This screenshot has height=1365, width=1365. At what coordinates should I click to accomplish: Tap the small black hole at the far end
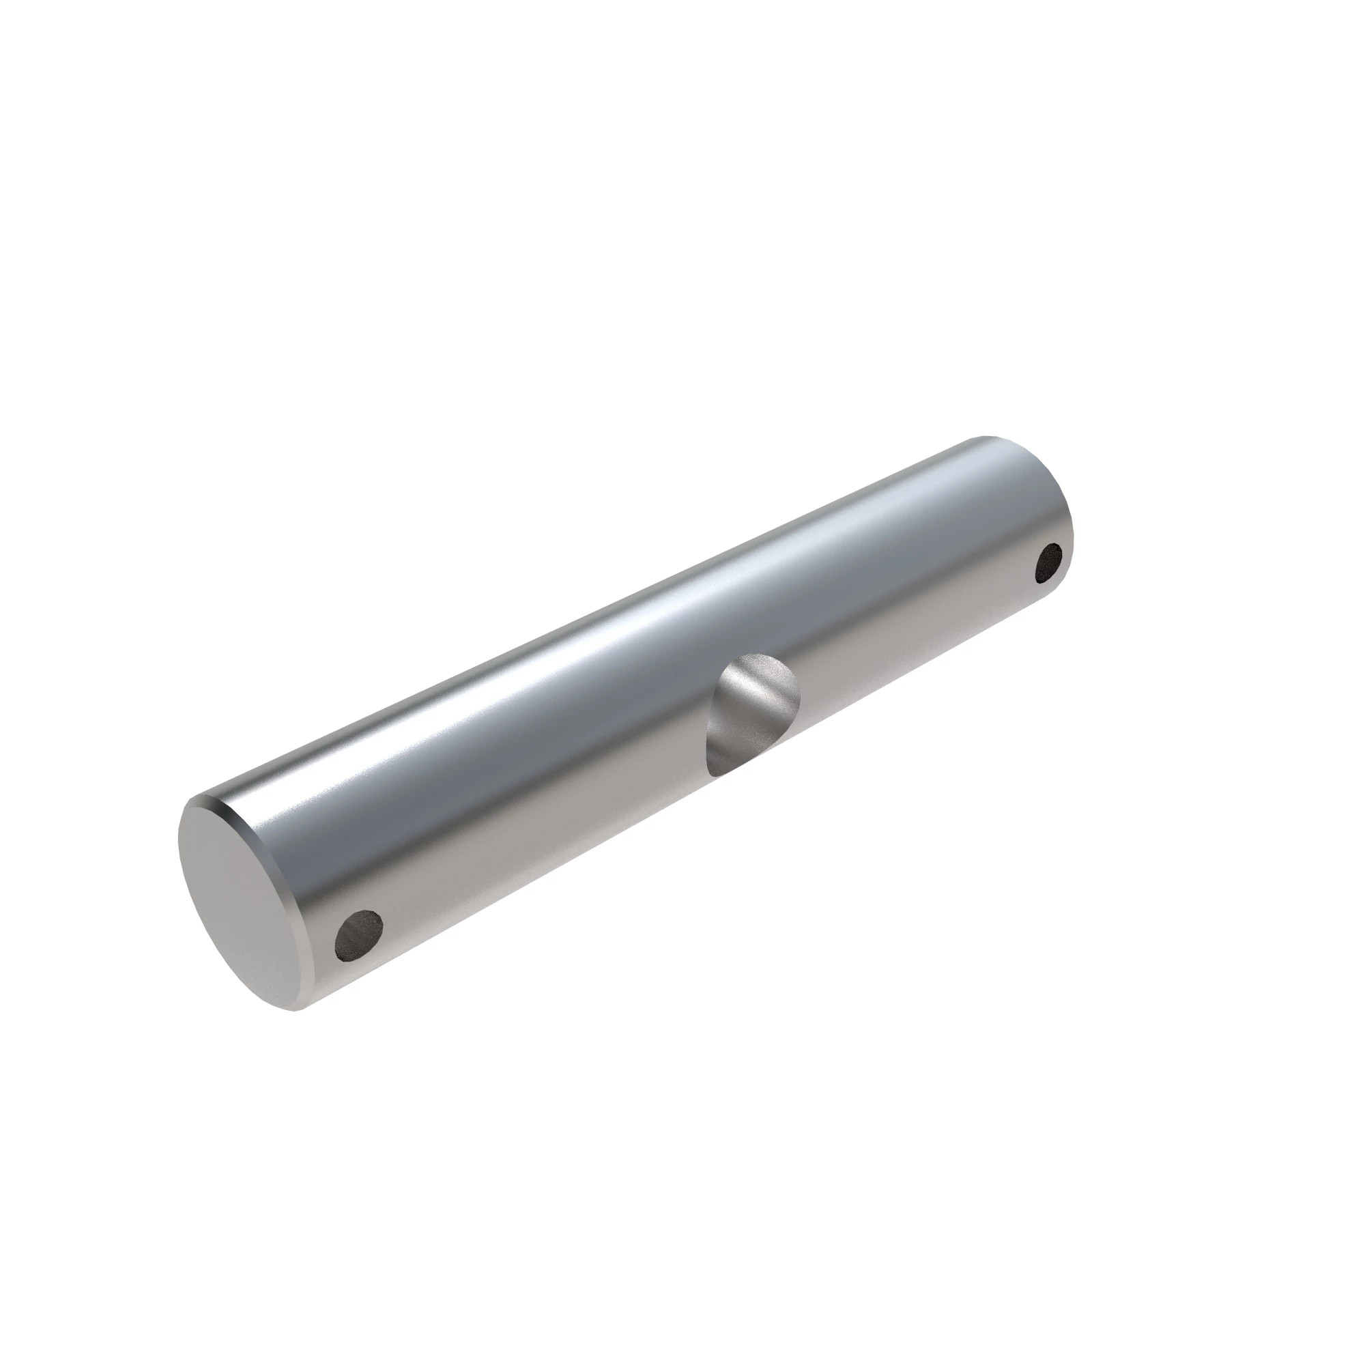(x=1049, y=562)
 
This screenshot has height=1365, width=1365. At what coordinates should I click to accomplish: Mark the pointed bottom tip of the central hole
(x=715, y=775)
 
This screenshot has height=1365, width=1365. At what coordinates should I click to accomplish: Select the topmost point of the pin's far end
(x=986, y=437)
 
